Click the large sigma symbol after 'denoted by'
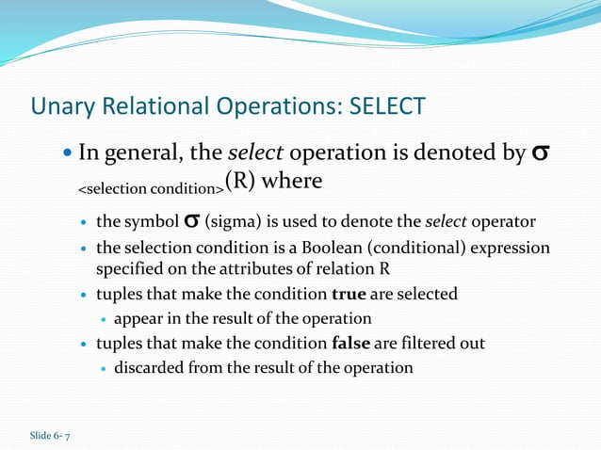[542, 153]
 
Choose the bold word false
[352, 344]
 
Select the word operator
[504, 222]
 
